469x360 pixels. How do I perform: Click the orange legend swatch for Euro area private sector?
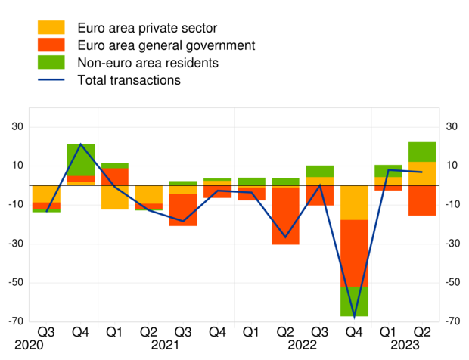[x=51, y=28]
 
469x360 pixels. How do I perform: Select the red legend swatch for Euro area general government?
[x=51, y=45]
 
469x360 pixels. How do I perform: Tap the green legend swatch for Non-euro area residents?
[x=51, y=62]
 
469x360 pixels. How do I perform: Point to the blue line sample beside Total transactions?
[x=51, y=79]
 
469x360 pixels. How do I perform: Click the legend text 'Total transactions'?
[x=129, y=79]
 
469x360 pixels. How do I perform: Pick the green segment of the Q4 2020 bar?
[x=80, y=160]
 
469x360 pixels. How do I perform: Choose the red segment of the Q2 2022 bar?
[x=285, y=216]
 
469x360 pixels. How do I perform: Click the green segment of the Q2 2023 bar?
[x=422, y=152]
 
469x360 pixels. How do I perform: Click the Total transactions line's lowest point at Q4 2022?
[x=353, y=317]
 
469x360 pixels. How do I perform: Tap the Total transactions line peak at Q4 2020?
[x=80, y=144]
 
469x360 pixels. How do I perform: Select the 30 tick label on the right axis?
[x=452, y=127]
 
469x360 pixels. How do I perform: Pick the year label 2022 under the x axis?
[x=302, y=345]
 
